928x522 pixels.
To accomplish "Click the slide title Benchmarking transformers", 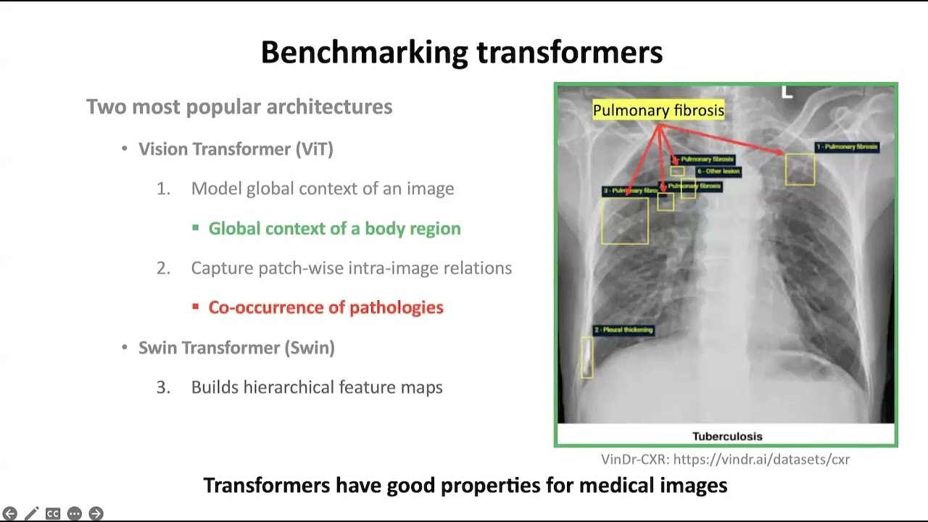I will (462, 53).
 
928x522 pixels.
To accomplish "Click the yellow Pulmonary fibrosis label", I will (658, 110).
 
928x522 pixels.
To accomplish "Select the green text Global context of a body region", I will (334, 228).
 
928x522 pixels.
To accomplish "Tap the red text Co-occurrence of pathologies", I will (326, 307).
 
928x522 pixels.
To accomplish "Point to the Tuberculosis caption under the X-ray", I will (727, 436).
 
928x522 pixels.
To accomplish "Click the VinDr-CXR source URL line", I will (725, 460).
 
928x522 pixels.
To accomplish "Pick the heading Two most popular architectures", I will (239, 107).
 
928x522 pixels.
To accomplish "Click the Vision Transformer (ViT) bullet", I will (236, 149).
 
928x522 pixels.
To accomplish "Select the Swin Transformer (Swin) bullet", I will (236, 348).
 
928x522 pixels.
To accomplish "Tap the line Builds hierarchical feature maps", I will (316, 387).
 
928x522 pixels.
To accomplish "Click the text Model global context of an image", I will (322, 188).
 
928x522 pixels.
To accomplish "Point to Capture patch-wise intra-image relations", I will (351, 268).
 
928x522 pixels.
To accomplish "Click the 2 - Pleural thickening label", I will (623, 330).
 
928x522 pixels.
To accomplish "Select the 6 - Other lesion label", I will (718, 172).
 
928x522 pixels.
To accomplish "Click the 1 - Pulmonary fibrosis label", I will (847, 146).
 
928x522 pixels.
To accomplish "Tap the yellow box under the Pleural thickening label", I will (587, 357).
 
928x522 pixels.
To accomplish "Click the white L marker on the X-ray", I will (787, 93).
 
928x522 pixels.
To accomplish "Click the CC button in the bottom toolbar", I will (52, 513).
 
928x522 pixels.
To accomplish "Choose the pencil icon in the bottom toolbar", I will (31, 513).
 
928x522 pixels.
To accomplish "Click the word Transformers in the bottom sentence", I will (252, 485).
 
